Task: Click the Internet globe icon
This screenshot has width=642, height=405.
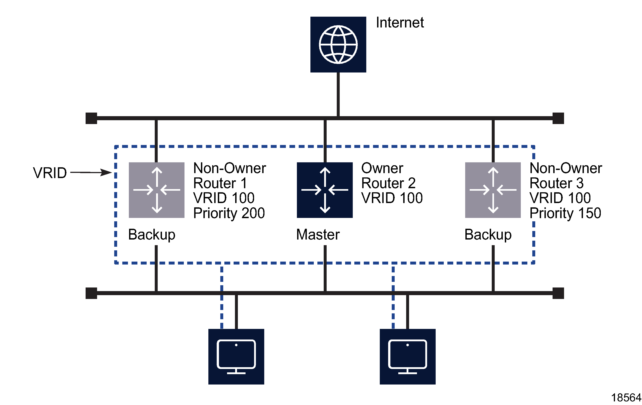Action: [x=338, y=45]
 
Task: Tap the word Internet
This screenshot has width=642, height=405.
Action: [x=400, y=23]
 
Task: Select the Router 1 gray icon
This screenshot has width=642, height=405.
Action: [x=157, y=190]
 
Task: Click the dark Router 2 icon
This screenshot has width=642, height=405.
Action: [x=325, y=190]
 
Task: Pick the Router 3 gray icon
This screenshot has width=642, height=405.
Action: [x=493, y=190]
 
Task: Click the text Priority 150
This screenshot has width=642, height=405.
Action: [x=565, y=213]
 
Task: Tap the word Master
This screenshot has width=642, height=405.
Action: [x=318, y=235]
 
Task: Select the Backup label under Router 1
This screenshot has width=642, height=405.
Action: [x=152, y=235]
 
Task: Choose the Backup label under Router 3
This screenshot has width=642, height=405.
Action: [x=488, y=235]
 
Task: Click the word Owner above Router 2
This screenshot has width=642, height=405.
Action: [x=382, y=168]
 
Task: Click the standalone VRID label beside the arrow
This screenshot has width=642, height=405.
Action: [x=50, y=173]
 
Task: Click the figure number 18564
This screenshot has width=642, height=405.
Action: [x=626, y=398]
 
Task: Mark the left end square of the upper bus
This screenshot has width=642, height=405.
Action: [x=91, y=118]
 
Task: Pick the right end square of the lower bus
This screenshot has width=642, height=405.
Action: [x=558, y=293]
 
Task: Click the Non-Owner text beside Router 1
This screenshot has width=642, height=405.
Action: [x=230, y=168]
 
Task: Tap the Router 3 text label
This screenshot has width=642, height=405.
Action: [x=556, y=183]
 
